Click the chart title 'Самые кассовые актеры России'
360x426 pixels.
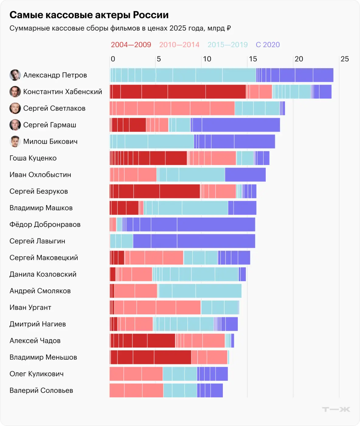(89, 15)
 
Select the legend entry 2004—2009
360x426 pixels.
(131, 45)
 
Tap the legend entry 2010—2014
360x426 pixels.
(179, 45)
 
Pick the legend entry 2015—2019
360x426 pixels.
(227, 45)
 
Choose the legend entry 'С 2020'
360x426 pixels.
(268, 45)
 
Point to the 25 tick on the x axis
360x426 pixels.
(344, 59)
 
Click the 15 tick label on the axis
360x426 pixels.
(253, 59)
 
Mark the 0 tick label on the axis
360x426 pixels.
(113, 59)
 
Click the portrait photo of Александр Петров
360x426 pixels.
(15, 75)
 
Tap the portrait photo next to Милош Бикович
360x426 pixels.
(15, 141)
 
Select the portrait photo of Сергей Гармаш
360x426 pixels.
(15, 125)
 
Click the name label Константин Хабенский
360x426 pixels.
(63, 92)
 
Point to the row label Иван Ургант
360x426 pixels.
(30, 307)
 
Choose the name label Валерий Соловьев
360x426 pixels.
(41, 390)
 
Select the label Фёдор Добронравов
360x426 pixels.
(45, 225)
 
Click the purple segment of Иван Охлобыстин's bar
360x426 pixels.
(245, 175)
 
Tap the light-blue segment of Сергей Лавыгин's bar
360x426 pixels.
(121, 241)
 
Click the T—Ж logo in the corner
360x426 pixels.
(336, 409)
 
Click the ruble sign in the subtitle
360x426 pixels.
(229, 28)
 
